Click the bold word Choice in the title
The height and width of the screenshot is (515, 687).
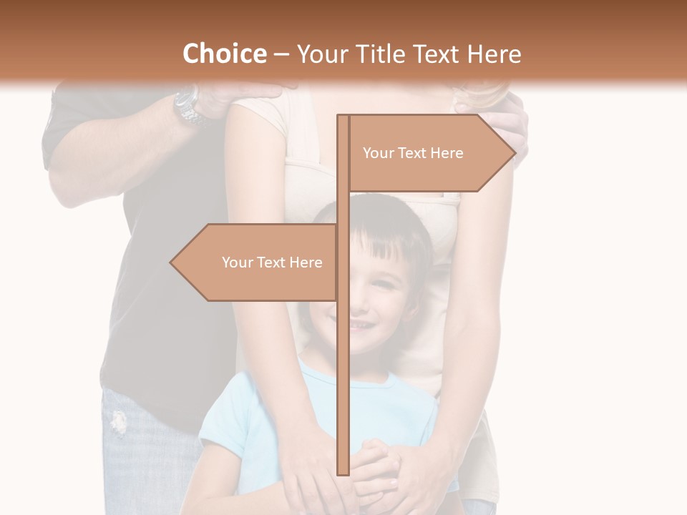point(224,54)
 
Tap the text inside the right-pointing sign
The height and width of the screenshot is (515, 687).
point(413,153)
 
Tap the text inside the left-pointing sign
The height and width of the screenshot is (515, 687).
point(272,263)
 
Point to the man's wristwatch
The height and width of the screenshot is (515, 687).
point(188,105)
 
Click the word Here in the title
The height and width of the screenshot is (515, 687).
point(494,54)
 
